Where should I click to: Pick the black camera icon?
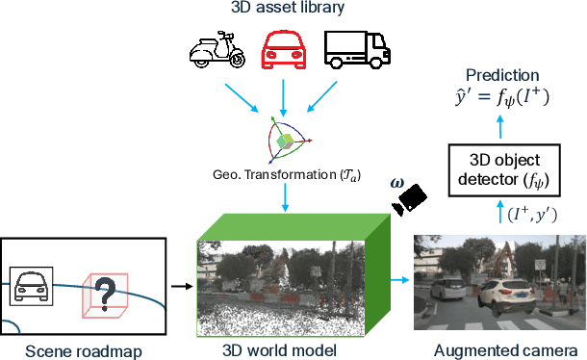[410, 197]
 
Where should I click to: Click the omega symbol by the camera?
[396, 182]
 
